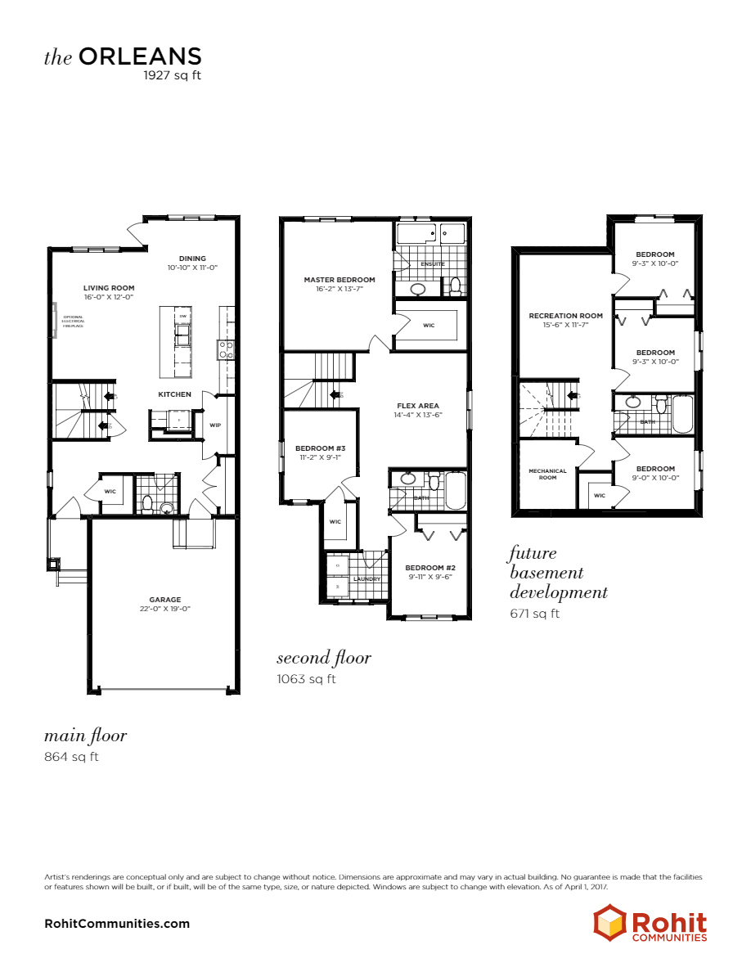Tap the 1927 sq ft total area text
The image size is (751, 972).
(172, 75)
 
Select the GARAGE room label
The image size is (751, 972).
(164, 600)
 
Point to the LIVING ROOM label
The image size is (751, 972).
(109, 288)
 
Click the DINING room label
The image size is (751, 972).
(192, 259)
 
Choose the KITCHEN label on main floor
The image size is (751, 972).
(174, 394)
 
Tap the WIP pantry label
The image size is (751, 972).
(215, 425)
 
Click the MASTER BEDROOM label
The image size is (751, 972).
(339, 280)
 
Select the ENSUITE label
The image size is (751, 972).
(433, 264)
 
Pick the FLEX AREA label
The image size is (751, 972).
(417, 406)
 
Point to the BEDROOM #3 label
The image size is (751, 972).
(320, 448)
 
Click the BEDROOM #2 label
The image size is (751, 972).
(429, 567)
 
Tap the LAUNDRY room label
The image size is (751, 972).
(367, 579)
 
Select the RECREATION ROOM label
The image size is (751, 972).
(565, 316)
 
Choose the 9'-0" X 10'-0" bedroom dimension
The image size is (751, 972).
(655, 478)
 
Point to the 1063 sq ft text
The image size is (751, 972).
(306, 678)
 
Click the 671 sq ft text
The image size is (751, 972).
(535, 614)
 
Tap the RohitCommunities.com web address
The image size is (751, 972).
(117, 924)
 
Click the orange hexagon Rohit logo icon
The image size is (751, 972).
(609, 922)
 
